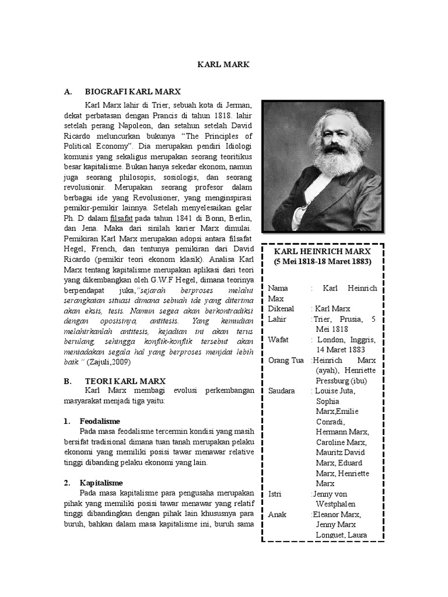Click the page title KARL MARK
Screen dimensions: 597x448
click(x=224, y=65)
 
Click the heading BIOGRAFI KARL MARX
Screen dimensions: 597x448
click(x=133, y=92)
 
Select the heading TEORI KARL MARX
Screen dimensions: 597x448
click(x=125, y=381)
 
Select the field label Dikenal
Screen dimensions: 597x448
click(x=281, y=308)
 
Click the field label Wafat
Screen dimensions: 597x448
click(x=279, y=339)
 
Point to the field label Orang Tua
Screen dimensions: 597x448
click(x=286, y=360)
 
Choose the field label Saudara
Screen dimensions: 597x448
click(x=282, y=390)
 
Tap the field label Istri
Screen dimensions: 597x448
click(x=275, y=494)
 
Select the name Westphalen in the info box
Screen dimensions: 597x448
click(x=337, y=504)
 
